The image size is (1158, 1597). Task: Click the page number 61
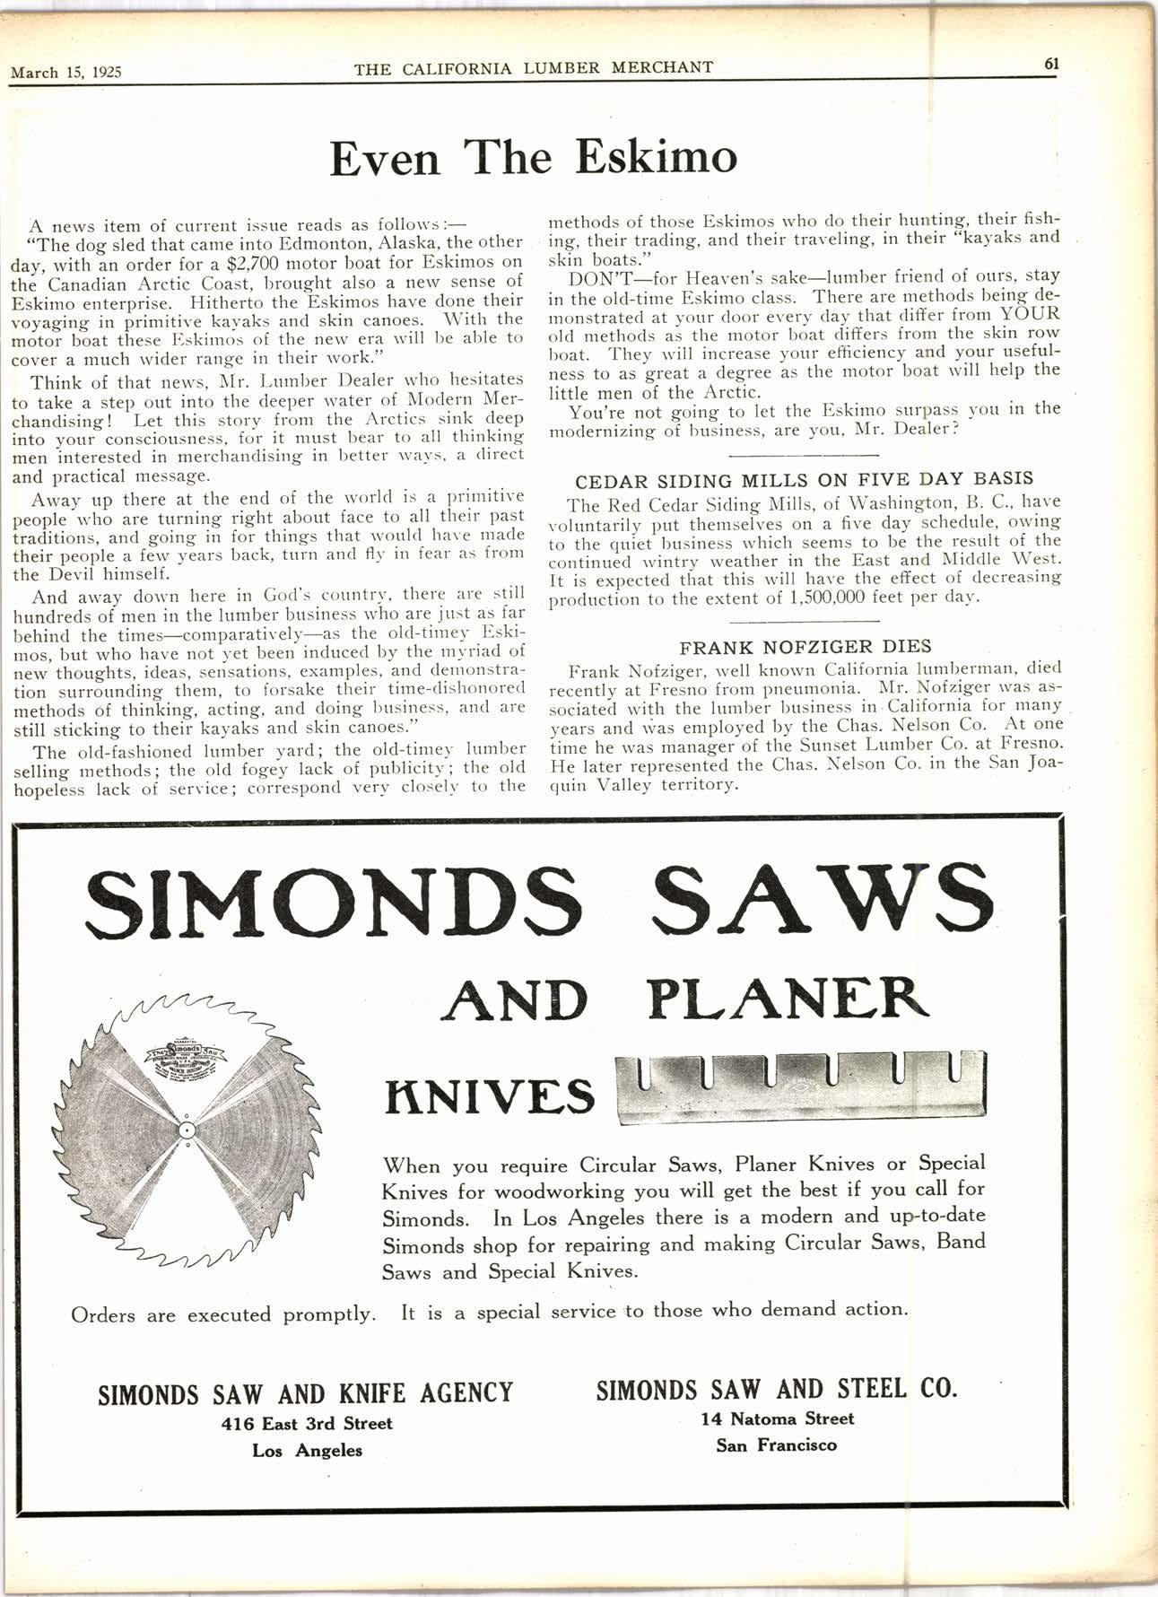pyautogui.click(x=1051, y=64)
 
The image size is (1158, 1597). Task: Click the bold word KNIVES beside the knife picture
pyautogui.click(x=490, y=1095)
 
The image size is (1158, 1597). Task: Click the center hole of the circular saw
pyautogui.click(x=184, y=1128)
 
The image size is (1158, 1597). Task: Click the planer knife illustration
pyautogui.click(x=799, y=1085)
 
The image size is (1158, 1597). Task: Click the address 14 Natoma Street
pyautogui.click(x=778, y=1418)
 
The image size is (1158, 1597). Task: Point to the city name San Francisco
pyautogui.click(x=777, y=1444)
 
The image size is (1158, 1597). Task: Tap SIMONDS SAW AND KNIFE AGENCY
pyautogui.click(x=305, y=1393)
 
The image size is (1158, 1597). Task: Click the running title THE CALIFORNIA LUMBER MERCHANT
pyautogui.click(x=534, y=67)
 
